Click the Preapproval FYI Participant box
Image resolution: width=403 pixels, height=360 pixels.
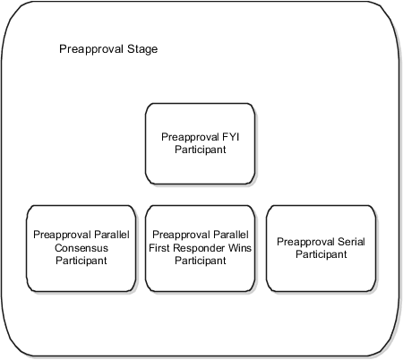200,143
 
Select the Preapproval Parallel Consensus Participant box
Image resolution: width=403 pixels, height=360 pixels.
81,247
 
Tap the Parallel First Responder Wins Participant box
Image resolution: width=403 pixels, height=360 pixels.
200,247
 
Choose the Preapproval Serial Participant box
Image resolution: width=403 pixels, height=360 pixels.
321,247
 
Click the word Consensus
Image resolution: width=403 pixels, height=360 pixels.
81,248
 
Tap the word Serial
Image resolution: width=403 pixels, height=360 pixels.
348,242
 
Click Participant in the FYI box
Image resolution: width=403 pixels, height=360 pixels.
200,150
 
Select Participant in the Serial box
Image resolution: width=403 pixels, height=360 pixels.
321,254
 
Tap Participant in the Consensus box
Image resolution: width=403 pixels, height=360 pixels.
81,261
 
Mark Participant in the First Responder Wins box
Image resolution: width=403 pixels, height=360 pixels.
200,261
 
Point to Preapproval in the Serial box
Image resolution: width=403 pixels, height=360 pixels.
304,242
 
